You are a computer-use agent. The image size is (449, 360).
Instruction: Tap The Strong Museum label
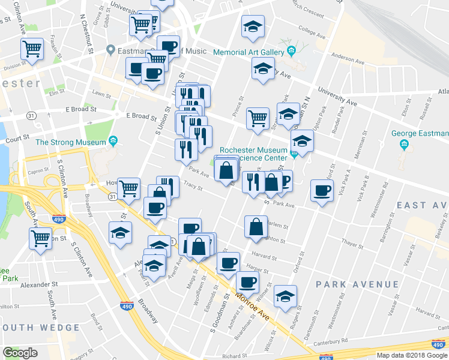coord(71,142)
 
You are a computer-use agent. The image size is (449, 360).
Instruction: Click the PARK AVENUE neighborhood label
coord(358,284)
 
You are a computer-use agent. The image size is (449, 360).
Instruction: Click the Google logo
coord(20,353)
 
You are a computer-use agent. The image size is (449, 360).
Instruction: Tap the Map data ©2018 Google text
coord(412,355)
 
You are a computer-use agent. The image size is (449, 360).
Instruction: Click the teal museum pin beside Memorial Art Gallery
coord(291,49)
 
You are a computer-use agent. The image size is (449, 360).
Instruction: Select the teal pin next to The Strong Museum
coord(112,142)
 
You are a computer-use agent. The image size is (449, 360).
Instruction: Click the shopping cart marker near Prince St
coord(258,117)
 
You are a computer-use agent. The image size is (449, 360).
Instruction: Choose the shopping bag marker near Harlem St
coord(256,226)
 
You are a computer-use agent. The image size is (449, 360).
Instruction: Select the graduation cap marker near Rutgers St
coord(285,296)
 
